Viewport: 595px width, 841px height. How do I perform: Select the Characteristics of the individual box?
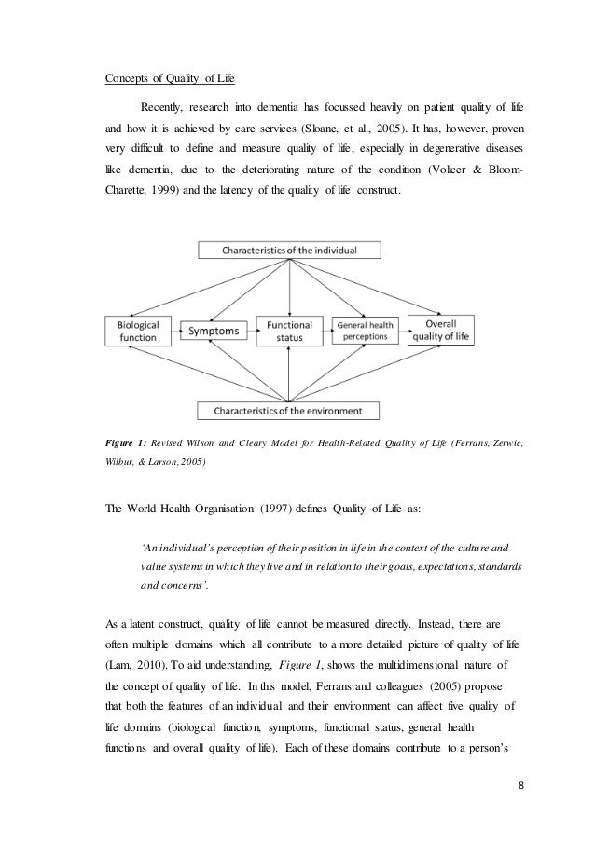pyautogui.click(x=289, y=250)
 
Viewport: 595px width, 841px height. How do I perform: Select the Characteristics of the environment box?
pyautogui.click(x=289, y=410)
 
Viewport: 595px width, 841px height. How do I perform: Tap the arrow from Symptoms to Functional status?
pyautogui.click(x=250, y=330)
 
